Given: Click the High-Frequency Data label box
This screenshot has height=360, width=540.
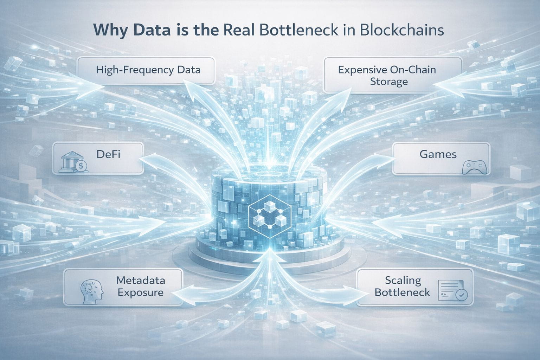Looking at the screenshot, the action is [x=146, y=70].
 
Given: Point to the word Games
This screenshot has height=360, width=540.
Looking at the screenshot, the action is [x=438, y=154].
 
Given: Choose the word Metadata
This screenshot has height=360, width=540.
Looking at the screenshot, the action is [x=141, y=281].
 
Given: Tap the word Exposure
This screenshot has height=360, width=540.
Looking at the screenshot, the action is [x=141, y=292].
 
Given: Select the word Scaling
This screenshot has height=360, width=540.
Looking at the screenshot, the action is [x=403, y=281].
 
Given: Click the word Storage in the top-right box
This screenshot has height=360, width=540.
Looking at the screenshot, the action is [x=389, y=82].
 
